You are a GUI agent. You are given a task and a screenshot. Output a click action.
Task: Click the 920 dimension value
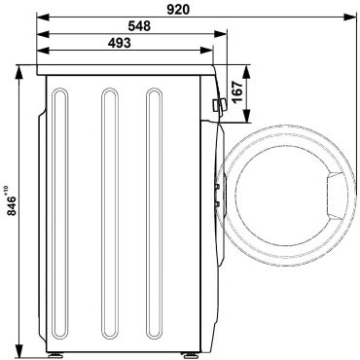[178, 10]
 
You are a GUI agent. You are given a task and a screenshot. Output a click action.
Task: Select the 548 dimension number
[139, 26]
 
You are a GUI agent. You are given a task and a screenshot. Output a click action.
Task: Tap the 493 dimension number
[120, 43]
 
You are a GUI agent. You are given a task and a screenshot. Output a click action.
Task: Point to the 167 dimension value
[237, 91]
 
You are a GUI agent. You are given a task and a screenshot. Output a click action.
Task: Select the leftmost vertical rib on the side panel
[60, 214]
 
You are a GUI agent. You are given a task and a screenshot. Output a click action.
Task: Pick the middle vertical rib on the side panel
[110, 214]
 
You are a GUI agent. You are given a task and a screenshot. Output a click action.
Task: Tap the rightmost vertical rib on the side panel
[154, 214]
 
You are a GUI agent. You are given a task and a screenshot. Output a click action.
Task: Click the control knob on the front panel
[218, 106]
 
